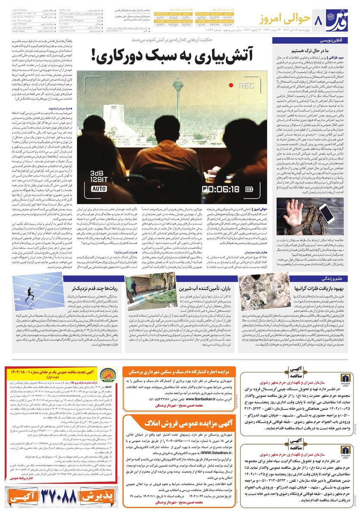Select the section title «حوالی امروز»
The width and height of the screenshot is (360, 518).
tap(292, 19)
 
